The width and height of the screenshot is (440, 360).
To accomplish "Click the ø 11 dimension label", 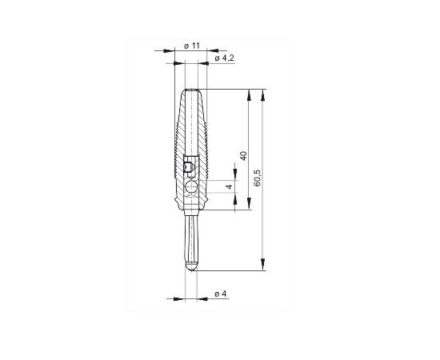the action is click(x=192, y=46).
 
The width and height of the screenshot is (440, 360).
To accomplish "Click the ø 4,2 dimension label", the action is click(x=224, y=58).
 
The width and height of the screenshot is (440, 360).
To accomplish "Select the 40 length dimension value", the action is click(x=243, y=155).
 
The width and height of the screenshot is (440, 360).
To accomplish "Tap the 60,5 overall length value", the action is click(x=257, y=178).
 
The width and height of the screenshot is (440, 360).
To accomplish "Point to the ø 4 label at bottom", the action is click(x=220, y=294).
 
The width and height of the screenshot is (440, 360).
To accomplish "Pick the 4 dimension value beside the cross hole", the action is click(x=230, y=186).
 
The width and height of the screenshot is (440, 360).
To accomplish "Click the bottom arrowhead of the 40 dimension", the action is click(x=249, y=203).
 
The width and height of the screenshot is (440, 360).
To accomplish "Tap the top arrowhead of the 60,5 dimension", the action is click(x=263, y=94).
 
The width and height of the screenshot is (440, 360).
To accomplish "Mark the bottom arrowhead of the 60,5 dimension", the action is click(x=263, y=264).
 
